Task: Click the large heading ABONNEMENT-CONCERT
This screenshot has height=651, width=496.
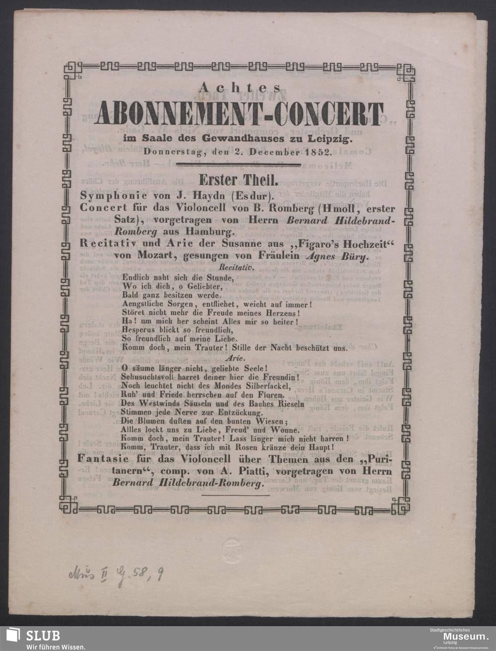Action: (239, 114)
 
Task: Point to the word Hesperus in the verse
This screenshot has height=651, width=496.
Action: (138, 329)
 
